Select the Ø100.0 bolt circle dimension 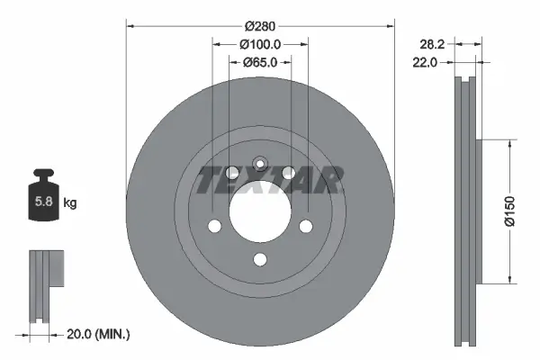(x=261, y=43)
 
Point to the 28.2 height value (x=435, y=42)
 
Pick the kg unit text (x=70, y=203)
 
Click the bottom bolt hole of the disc (x=259, y=260)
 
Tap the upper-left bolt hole (x=231, y=173)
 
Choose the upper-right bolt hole (x=288, y=173)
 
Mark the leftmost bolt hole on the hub (x=214, y=226)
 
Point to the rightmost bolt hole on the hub (x=305, y=226)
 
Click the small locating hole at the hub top (x=259, y=164)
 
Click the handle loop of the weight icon (x=42, y=174)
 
